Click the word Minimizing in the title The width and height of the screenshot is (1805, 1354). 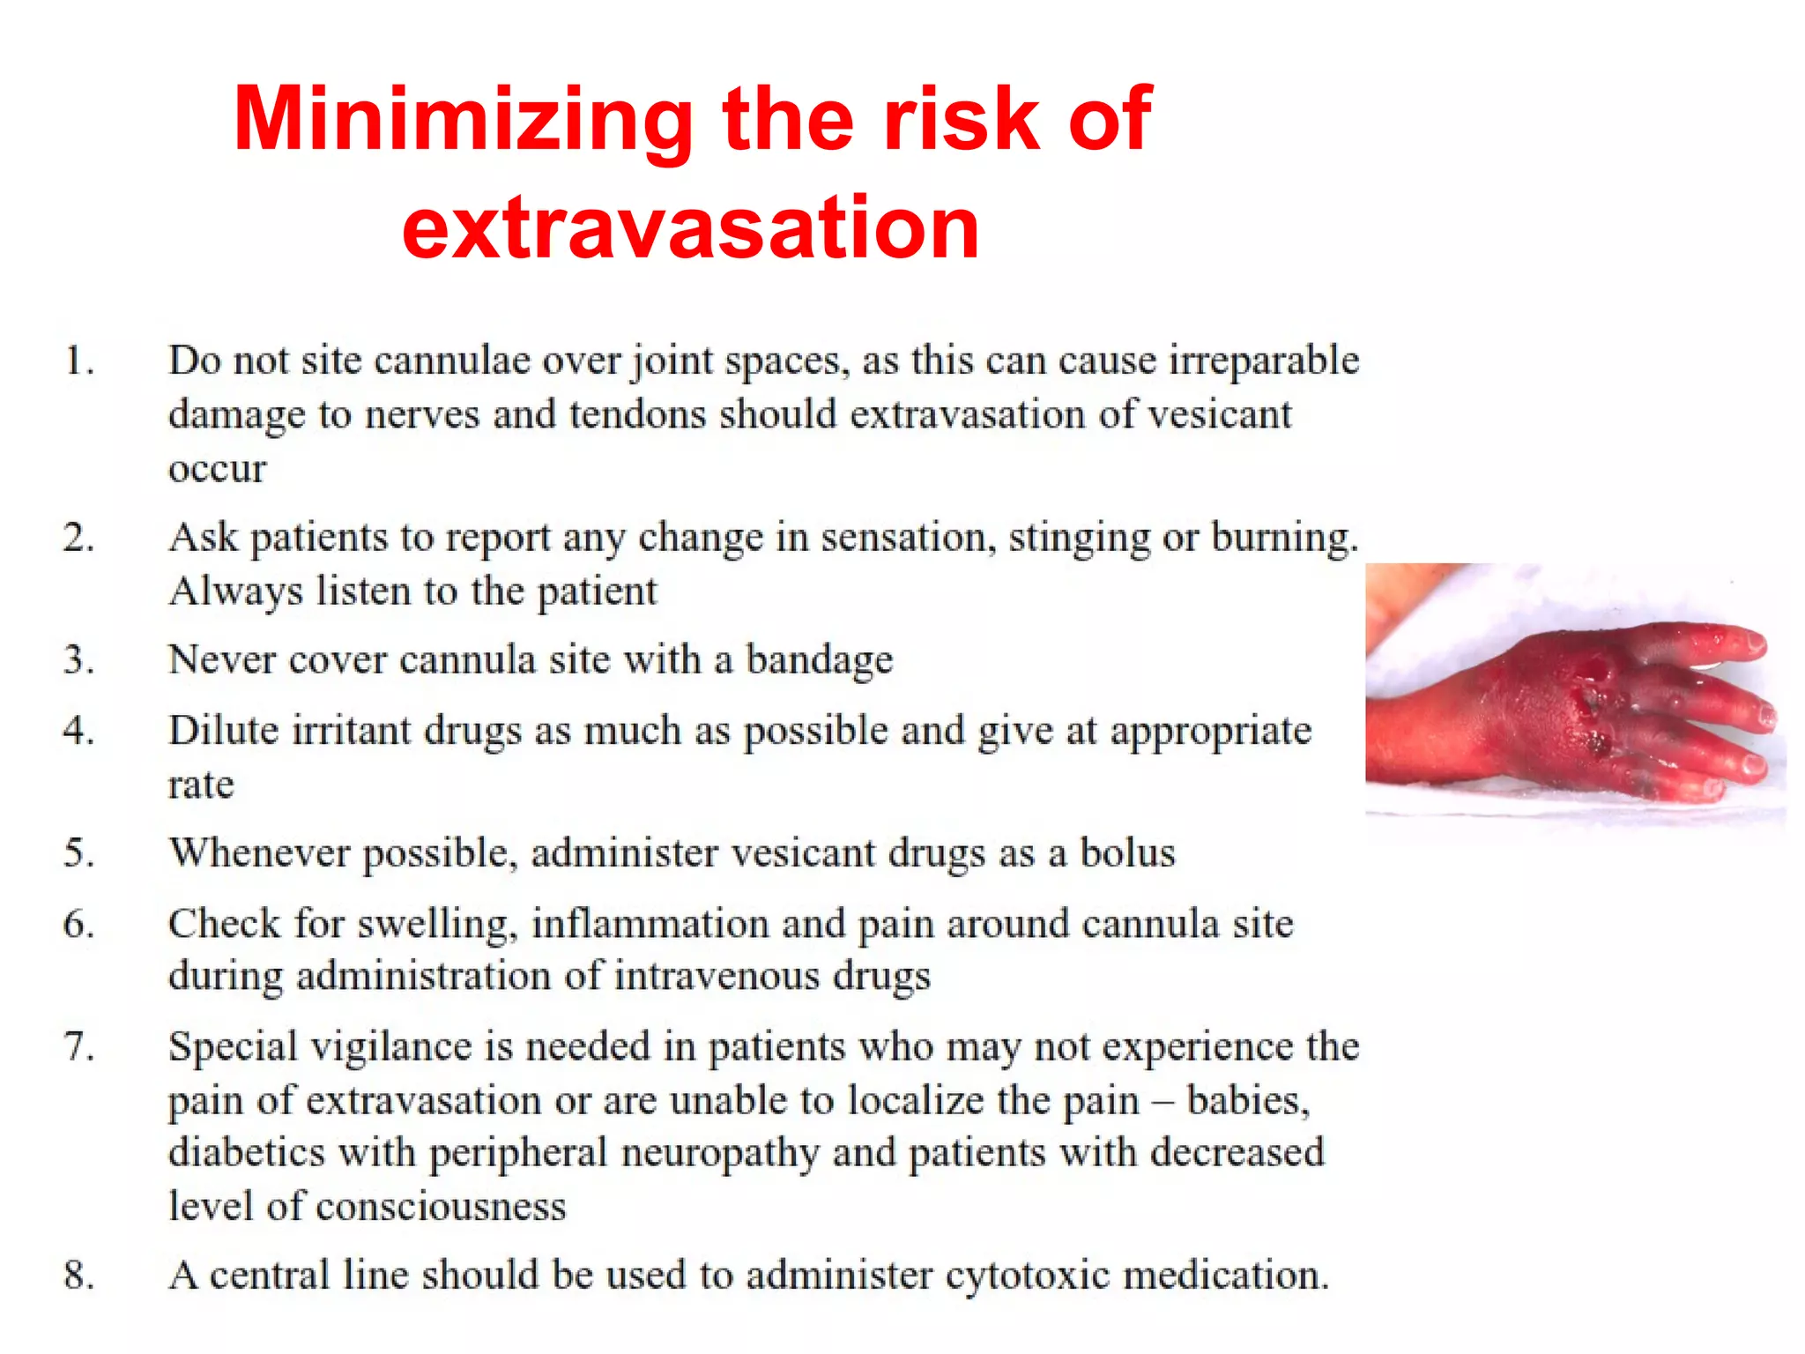coord(464,121)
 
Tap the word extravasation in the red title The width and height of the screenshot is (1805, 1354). coord(690,228)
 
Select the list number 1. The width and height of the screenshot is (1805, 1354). coord(78,361)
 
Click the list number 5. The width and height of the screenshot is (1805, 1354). coord(78,853)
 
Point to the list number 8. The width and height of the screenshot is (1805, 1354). coord(78,1275)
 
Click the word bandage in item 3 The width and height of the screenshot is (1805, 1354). coord(820,660)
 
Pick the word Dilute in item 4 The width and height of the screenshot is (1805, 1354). coord(222,731)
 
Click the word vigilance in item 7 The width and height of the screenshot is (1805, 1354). coord(392,1047)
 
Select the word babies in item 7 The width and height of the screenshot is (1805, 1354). coord(1246,1100)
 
